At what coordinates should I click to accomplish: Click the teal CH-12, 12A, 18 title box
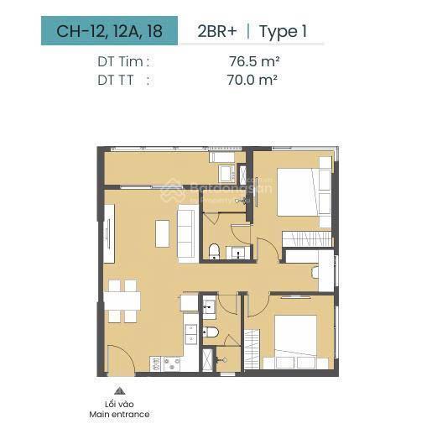pos(109,30)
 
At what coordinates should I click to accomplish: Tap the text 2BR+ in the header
pos(217,31)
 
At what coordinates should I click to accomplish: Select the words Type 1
pos(284,32)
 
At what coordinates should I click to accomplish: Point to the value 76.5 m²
pos(254,61)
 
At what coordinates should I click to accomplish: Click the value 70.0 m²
pos(252,80)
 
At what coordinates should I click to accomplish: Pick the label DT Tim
pos(123,61)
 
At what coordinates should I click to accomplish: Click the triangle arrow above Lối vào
pos(119,390)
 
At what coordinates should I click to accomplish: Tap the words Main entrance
pos(119,414)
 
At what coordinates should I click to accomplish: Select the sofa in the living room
pos(188,233)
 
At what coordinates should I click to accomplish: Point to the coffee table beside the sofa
pos(162,233)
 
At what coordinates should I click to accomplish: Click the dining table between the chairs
pos(122,301)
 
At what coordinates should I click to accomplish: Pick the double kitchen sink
pos(191,334)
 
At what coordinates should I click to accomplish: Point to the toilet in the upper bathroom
pos(214,251)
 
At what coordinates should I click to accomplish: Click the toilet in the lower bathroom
pos(211,332)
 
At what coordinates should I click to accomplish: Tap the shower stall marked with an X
pos(208,359)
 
